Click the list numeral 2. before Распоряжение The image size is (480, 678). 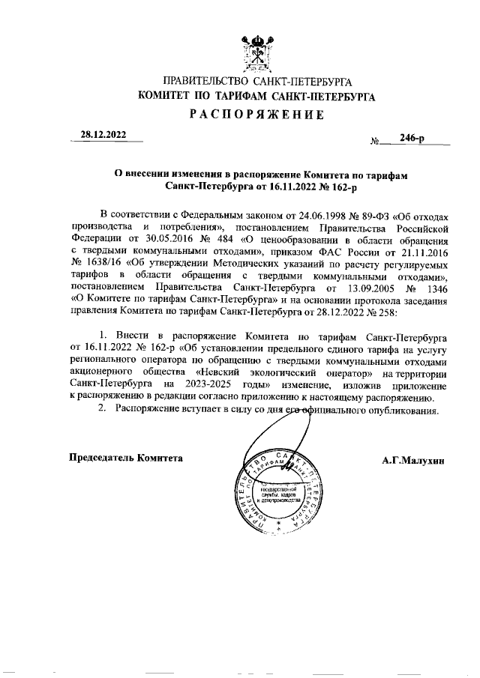coord(94,412)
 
